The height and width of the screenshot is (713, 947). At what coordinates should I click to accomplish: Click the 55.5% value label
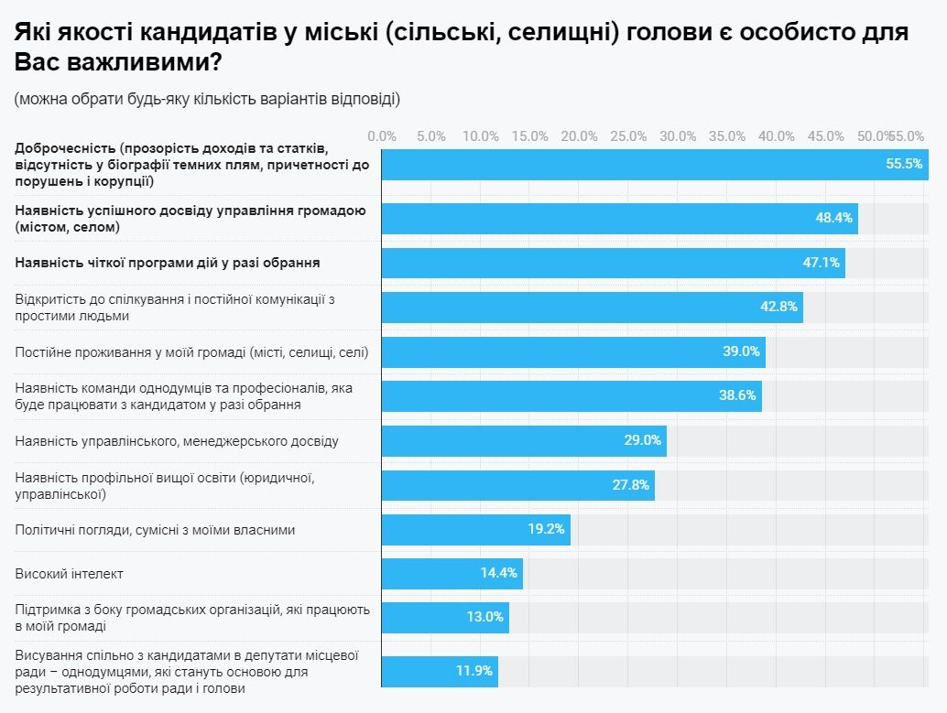[x=903, y=165]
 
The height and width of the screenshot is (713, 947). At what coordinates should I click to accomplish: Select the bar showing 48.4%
[x=619, y=219]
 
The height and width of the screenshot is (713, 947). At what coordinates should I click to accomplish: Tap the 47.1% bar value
[x=821, y=263]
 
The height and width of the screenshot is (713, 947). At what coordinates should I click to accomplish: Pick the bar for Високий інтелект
[x=452, y=574]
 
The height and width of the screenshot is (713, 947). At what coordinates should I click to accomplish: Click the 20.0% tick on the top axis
[x=579, y=136]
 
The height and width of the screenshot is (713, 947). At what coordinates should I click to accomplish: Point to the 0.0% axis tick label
[x=382, y=136]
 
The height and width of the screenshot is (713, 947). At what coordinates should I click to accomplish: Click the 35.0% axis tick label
[x=727, y=136]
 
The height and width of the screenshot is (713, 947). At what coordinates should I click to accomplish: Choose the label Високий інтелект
[x=70, y=574]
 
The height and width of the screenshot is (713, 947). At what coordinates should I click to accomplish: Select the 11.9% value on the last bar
[x=474, y=671]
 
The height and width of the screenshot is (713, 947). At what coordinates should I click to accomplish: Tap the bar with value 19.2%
[x=475, y=529]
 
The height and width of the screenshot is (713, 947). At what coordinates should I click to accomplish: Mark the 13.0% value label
[x=484, y=617]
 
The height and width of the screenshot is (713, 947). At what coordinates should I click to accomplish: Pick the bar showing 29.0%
[x=524, y=440]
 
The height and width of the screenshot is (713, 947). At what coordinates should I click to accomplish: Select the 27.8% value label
[x=631, y=485]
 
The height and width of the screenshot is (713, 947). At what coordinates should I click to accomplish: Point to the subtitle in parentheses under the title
[x=207, y=99]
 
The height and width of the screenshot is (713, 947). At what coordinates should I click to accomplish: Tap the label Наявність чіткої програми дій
[x=168, y=263]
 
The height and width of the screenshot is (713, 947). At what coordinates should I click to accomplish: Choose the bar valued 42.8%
[x=592, y=307]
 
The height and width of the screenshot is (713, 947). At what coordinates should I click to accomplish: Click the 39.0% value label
[x=741, y=351]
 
